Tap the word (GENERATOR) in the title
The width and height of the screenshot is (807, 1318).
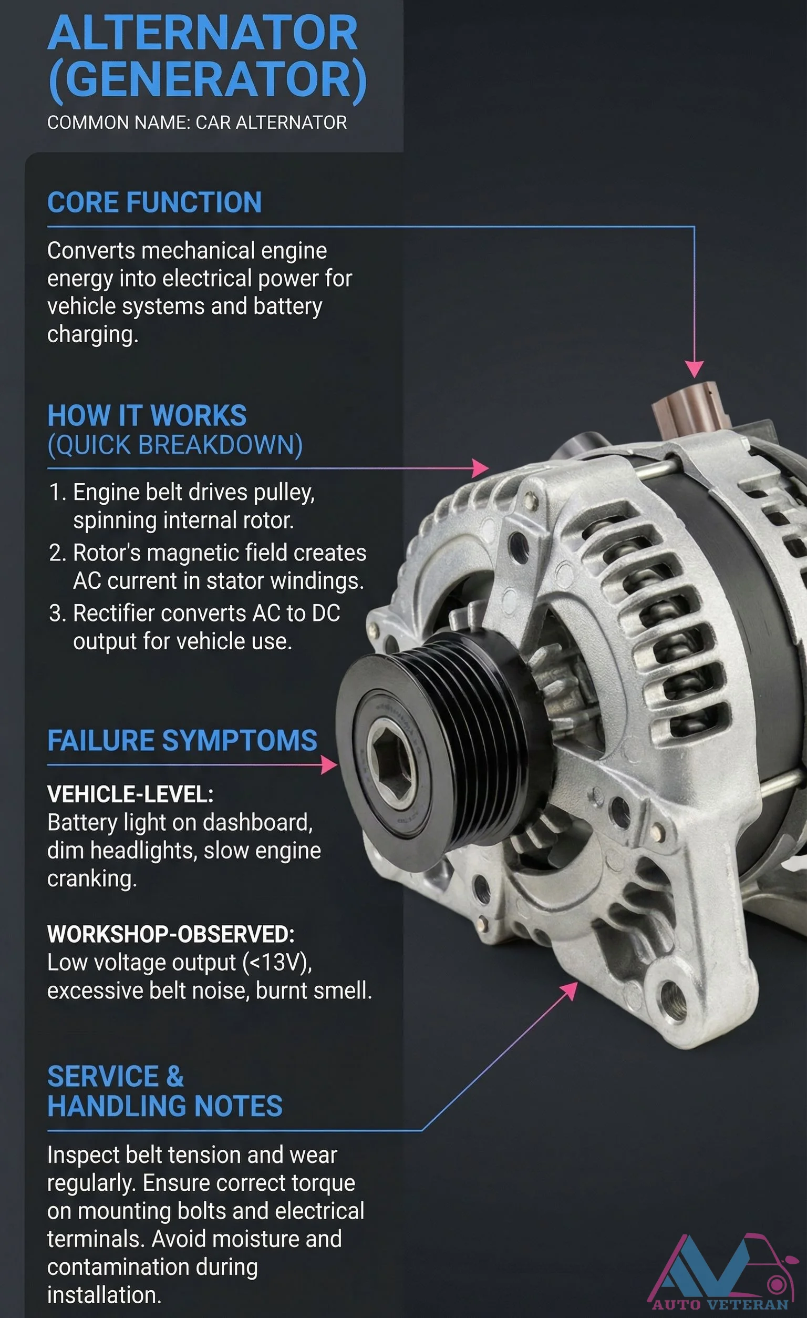pyautogui.click(x=208, y=80)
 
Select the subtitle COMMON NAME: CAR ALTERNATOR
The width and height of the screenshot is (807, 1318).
pyautogui.click(x=196, y=122)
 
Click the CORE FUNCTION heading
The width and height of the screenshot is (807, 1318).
pyautogui.click(x=154, y=202)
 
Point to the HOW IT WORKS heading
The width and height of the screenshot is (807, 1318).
pyautogui.click(x=147, y=416)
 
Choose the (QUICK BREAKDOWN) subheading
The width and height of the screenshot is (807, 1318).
pyautogui.click(x=175, y=445)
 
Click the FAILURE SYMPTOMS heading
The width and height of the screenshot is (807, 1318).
pyautogui.click(x=182, y=741)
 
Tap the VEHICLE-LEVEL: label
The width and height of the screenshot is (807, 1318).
pyautogui.click(x=130, y=794)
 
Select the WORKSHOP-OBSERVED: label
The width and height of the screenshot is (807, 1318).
pyautogui.click(x=170, y=934)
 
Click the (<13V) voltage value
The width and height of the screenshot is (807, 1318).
pyautogui.click(x=277, y=963)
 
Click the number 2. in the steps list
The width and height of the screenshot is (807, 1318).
pyautogui.click(x=57, y=553)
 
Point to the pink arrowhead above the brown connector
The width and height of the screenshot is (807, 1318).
pyautogui.click(x=694, y=369)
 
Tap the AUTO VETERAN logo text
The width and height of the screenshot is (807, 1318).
pyautogui.click(x=720, y=1304)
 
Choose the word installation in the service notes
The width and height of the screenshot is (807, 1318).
pyautogui.click(x=104, y=1295)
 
